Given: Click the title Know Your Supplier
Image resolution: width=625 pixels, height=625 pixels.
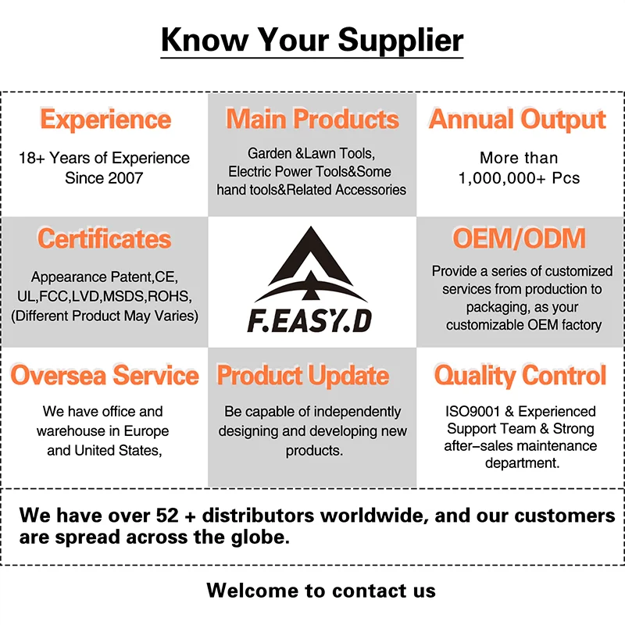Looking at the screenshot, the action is pos(312,40).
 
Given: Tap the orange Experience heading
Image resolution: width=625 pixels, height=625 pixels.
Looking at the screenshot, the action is pos(105,120).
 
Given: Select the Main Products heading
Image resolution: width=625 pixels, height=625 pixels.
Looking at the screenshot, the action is pos(312,120).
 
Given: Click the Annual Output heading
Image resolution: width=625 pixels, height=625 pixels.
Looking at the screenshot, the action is pos(517,120).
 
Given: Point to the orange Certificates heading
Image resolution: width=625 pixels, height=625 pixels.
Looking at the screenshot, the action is pos(104,238).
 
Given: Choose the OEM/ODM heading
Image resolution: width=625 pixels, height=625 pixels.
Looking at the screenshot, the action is pos(519,238).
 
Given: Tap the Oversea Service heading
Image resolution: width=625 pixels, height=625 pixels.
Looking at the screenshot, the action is pos(105,375).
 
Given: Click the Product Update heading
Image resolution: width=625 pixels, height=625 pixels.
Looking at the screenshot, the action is pos(302,375).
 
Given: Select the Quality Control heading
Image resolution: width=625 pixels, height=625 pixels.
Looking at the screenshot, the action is pos(520,375).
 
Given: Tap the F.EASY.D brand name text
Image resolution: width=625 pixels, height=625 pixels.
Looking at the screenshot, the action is pos(312,321).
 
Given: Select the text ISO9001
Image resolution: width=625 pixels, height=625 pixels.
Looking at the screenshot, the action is pos(467,411).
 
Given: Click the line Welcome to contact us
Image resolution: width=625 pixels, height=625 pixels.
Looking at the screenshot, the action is pos(321,590).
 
